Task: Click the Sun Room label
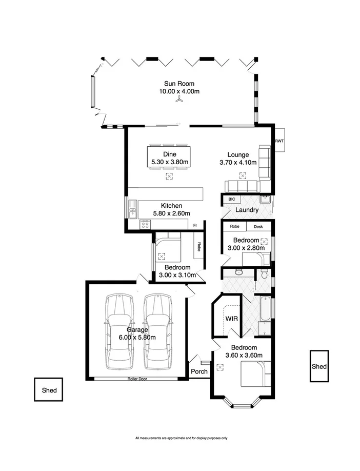click(x=179, y=84)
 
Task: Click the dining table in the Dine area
click(x=169, y=158)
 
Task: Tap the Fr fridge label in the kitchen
click(x=195, y=225)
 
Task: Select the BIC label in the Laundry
click(x=231, y=199)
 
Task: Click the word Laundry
click(x=246, y=210)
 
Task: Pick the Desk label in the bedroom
click(x=258, y=226)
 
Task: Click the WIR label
click(x=231, y=318)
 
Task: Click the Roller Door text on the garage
click(x=138, y=379)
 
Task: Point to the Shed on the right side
click(x=319, y=366)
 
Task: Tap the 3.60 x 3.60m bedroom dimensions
click(x=245, y=355)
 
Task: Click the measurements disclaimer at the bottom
click(x=181, y=438)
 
